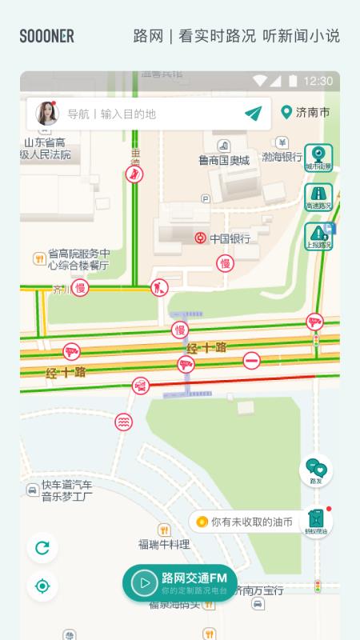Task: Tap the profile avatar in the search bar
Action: pyautogui.click(x=46, y=114)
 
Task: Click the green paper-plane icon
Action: pyautogui.click(x=254, y=114)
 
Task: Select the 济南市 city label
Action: pyautogui.click(x=306, y=113)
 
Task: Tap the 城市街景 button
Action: pyautogui.click(x=318, y=157)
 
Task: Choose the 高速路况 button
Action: pyautogui.click(x=318, y=197)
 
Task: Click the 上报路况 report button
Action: pyautogui.click(x=318, y=236)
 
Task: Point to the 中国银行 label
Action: pyautogui.click(x=230, y=238)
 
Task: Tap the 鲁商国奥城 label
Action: pyautogui.click(x=224, y=159)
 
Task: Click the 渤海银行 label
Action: pyautogui.click(x=281, y=157)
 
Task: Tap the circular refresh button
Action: pyautogui.click(x=42, y=548)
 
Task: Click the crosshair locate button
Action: pyautogui.click(x=42, y=586)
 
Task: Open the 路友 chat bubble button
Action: pyautogui.click(x=316, y=470)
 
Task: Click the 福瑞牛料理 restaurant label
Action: pyautogui.click(x=164, y=544)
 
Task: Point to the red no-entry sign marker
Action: pyautogui.click(x=251, y=360)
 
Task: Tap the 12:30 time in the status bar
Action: pyautogui.click(x=318, y=81)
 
